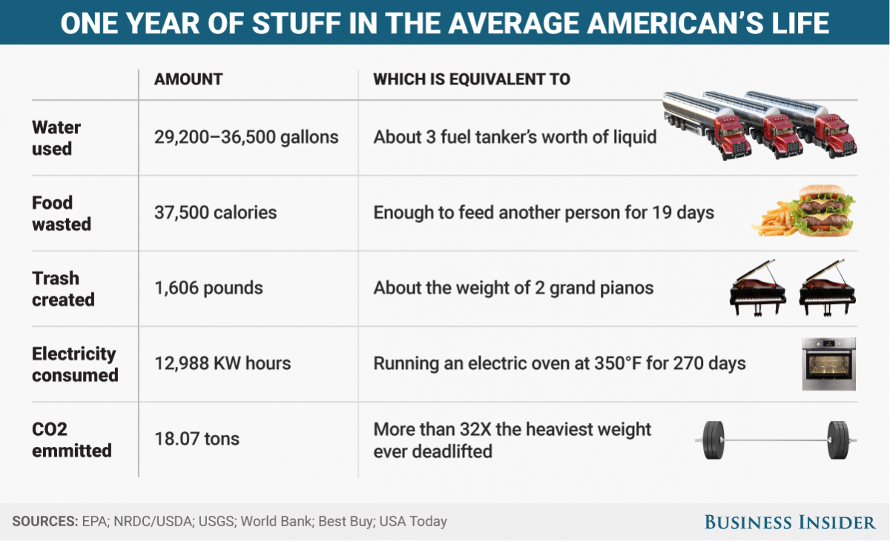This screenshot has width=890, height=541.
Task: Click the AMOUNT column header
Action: [x=188, y=79]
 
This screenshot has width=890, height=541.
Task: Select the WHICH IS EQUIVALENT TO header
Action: [x=472, y=79]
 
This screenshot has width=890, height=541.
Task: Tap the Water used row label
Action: [x=56, y=138]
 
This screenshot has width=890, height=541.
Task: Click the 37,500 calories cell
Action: [x=215, y=213]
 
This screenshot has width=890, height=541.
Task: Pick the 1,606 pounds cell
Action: [x=208, y=288]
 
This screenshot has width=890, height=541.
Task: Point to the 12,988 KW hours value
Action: [x=222, y=364]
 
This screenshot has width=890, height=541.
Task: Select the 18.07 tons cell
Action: [x=197, y=439]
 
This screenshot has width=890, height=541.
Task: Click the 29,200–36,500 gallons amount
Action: [x=246, y=137]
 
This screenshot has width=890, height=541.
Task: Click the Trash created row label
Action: [x=63, y=289]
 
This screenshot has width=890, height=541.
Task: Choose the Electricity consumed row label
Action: [x=75, y=365]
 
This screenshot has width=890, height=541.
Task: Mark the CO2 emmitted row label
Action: [x=71, y=439]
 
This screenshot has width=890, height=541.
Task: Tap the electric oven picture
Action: [x=828, y=364]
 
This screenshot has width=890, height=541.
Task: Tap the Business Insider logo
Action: [x=790, y=522]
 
